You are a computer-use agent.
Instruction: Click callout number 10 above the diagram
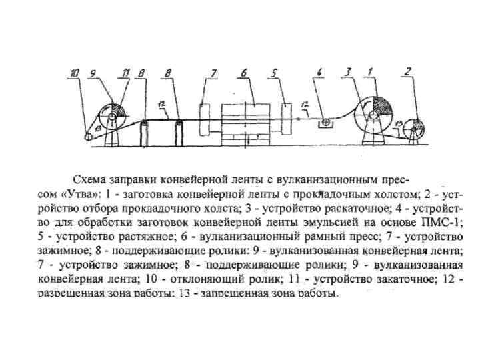[75, 72]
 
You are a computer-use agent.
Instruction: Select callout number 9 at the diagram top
[93, 72]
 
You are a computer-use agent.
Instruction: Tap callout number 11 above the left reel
[125, 72]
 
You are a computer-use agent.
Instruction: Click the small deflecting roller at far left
[89, 137]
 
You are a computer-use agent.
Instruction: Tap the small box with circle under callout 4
[326, 123]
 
